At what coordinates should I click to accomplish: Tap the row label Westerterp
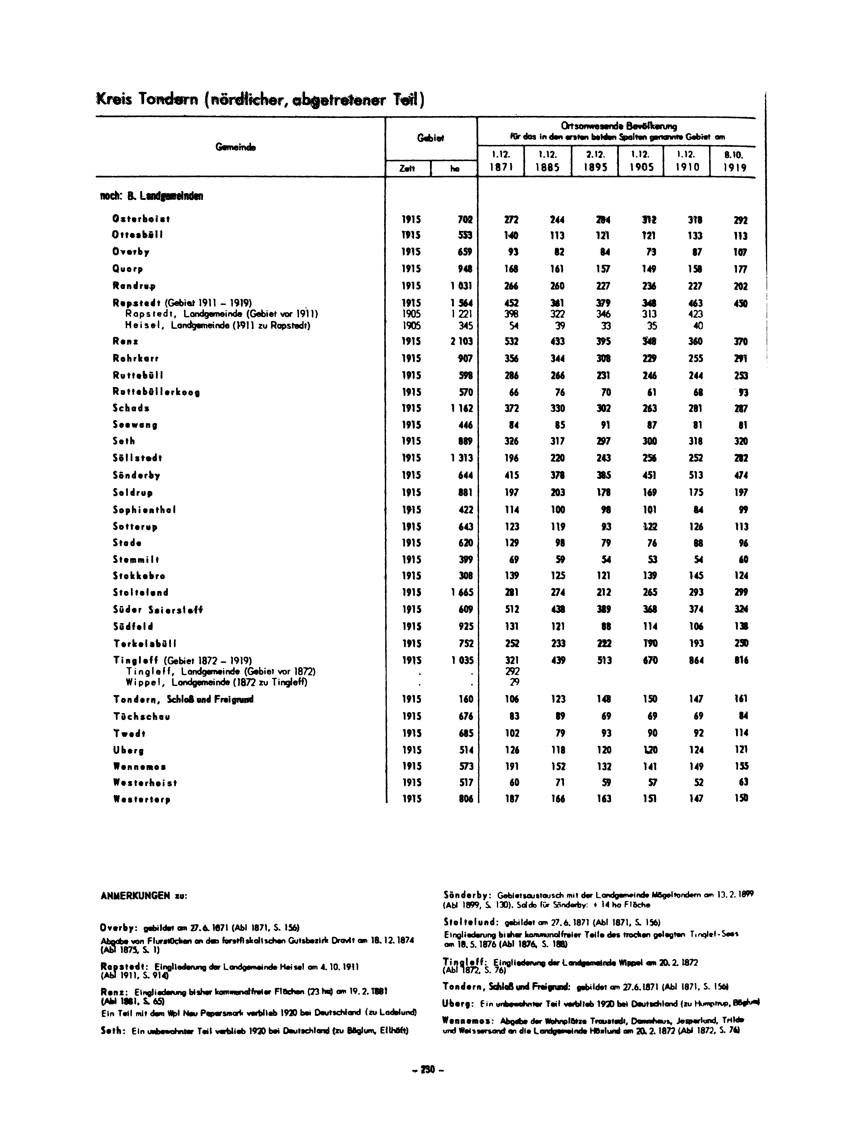pyautogui.click(x=142, y=799)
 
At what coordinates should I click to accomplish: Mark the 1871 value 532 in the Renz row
pyautogui.click(x=512, y=341)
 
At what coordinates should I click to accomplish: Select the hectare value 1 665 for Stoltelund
pyautogui.click(x=461, y=592)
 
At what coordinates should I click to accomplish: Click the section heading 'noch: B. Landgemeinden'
pyautogui.click(x=151, y=196)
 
